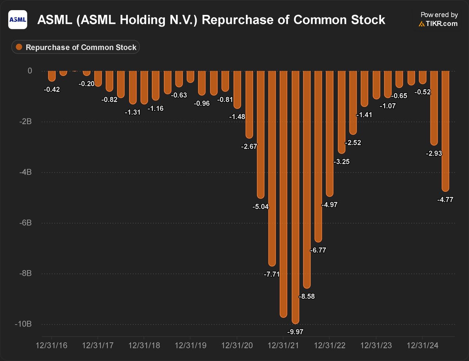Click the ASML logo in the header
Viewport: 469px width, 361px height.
(18, 19)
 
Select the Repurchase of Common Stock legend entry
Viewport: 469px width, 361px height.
(76, 47)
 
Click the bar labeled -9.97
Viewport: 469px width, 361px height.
(295, 196)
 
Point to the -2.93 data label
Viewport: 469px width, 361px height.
(433, 154)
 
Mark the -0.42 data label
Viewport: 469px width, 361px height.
(52, 90)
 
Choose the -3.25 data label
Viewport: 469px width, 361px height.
(341, 162)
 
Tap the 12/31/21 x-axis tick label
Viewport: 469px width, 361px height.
(283, 346)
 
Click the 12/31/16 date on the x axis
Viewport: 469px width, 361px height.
(51, 346)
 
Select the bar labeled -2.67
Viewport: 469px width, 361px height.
(249, 104)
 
